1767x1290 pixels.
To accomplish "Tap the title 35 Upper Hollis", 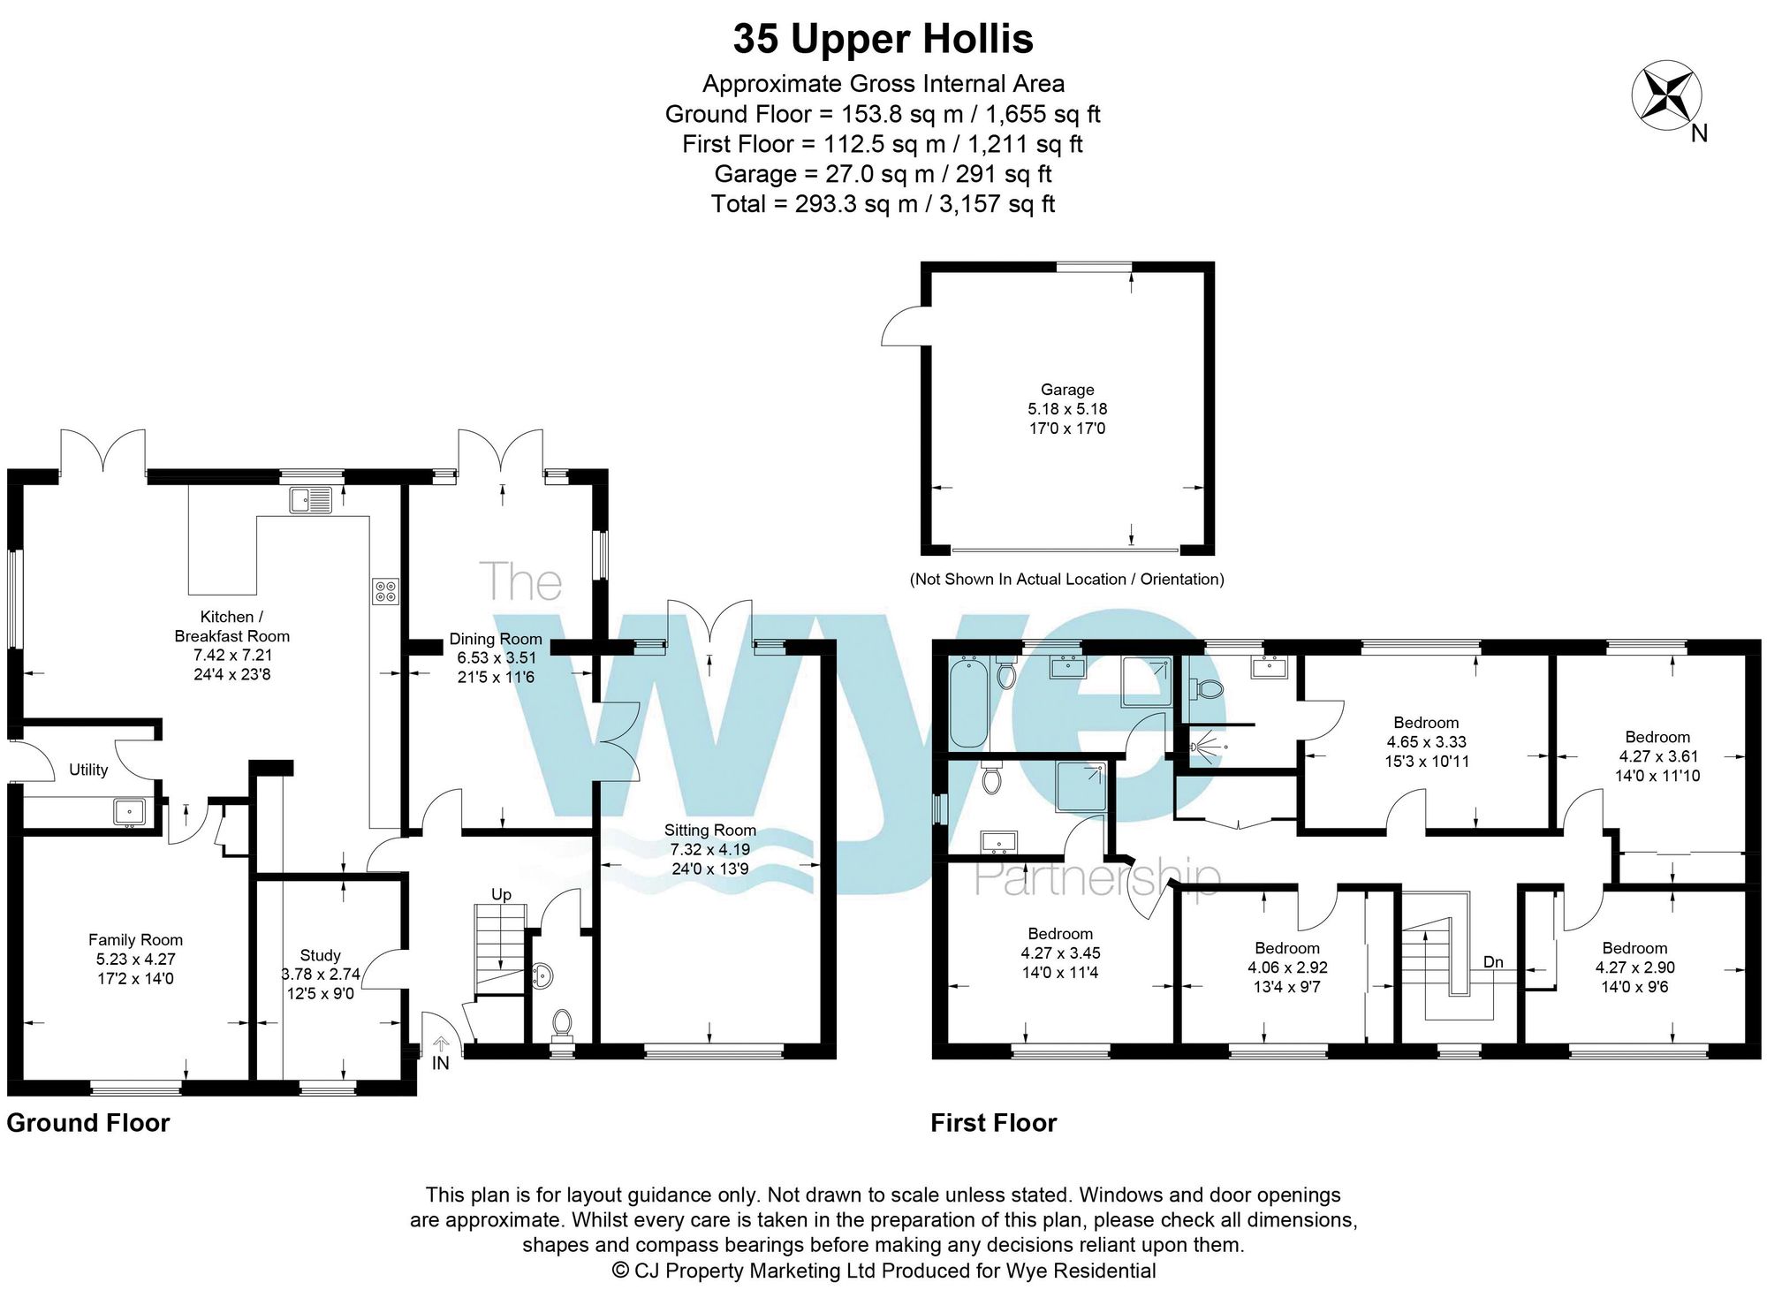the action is [x=883, y=39].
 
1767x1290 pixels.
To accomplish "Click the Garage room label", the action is [x=1067, y=390].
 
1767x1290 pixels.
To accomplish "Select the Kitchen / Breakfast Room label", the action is [x=231, y=626].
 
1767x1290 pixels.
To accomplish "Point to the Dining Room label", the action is [x=496, y=639].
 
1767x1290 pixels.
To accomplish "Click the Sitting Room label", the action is [x=710, y=830].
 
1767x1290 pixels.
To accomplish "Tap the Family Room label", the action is [x=135, y=940].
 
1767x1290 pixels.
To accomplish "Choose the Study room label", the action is [x=320, y=955].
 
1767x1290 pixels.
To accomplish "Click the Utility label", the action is [x=88, y=770].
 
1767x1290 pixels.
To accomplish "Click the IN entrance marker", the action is [x=441, y=1063].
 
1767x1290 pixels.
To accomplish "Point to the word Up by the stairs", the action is [x=501, y=895].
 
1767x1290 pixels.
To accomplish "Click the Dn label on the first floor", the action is [x=1493, y=962].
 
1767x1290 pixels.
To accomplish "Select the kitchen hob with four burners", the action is [x=386, y=591].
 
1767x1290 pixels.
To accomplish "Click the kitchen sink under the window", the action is [x=309, y=500].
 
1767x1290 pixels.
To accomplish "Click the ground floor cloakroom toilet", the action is [x=562, y=1023].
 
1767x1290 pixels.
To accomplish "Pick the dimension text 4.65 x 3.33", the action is [x=1426, y=742].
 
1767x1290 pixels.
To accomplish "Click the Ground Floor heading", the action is [x=88, y=1123].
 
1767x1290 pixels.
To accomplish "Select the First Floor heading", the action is [x=994, y=1123].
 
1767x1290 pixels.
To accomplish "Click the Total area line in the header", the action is [x=883, y=204].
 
